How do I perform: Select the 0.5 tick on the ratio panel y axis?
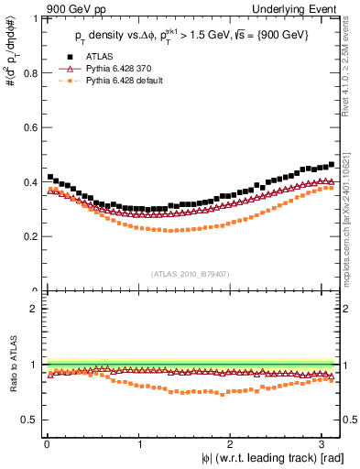[30, 420]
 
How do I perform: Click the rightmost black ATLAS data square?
[332, 165]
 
